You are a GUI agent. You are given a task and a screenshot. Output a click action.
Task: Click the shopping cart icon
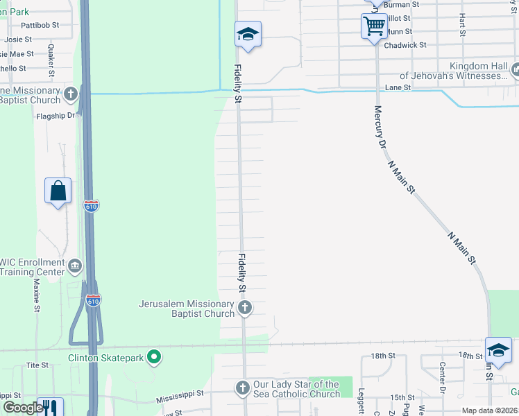click(x=374, y=26)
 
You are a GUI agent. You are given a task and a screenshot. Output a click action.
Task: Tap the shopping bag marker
click(x=58, y=191)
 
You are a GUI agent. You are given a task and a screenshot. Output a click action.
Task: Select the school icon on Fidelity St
click(x=248, y=34)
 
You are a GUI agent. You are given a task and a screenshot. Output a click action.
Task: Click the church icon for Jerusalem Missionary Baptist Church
click(x=244, y=307)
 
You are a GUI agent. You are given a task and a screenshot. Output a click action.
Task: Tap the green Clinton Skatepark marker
click(x=155, y=358)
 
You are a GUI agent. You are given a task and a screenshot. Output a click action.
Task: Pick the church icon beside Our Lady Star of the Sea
click(x=242, y=388)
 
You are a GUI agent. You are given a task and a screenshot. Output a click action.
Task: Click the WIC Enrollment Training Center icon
click(x=76, y=265)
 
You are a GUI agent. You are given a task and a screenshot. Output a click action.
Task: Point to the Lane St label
click(x=398, y=88)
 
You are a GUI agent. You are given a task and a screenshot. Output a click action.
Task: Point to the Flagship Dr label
click(x=56, y=116)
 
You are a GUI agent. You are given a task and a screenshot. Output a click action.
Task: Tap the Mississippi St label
click(x=180, y=394)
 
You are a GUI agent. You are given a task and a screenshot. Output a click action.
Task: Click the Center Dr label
click(x=442, y=375)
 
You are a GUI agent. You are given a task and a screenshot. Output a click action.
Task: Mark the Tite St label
click(x=37, y=365)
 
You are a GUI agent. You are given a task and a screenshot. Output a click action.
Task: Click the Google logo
click(x=22, y=408)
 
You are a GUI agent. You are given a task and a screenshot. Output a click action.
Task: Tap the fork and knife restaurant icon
click(x=48, y=407)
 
